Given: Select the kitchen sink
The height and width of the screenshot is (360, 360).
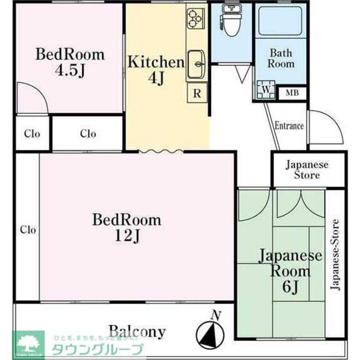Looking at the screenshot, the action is point(196,64).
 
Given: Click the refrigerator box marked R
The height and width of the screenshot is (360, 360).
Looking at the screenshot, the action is point(197,93).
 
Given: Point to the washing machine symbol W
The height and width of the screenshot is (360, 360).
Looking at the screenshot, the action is point(266,90).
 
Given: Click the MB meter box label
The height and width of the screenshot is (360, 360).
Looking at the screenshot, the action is point(292,93).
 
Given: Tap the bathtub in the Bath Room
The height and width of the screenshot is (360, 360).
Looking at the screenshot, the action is point(280,20).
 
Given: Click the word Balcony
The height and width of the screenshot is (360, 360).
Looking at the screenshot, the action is point(137,332).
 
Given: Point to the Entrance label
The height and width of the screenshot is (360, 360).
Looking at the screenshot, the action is point(289,126).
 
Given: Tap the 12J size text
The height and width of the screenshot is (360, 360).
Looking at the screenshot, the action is point(127,235).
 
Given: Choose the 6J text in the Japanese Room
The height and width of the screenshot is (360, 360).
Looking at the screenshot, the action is point(290,287).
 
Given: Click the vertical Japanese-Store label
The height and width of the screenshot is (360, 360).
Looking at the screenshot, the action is point(335,255).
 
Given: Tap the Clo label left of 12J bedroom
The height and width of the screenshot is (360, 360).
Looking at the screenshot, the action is point(28,230).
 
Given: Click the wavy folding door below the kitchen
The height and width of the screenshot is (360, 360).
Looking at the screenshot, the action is point(161,151).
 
